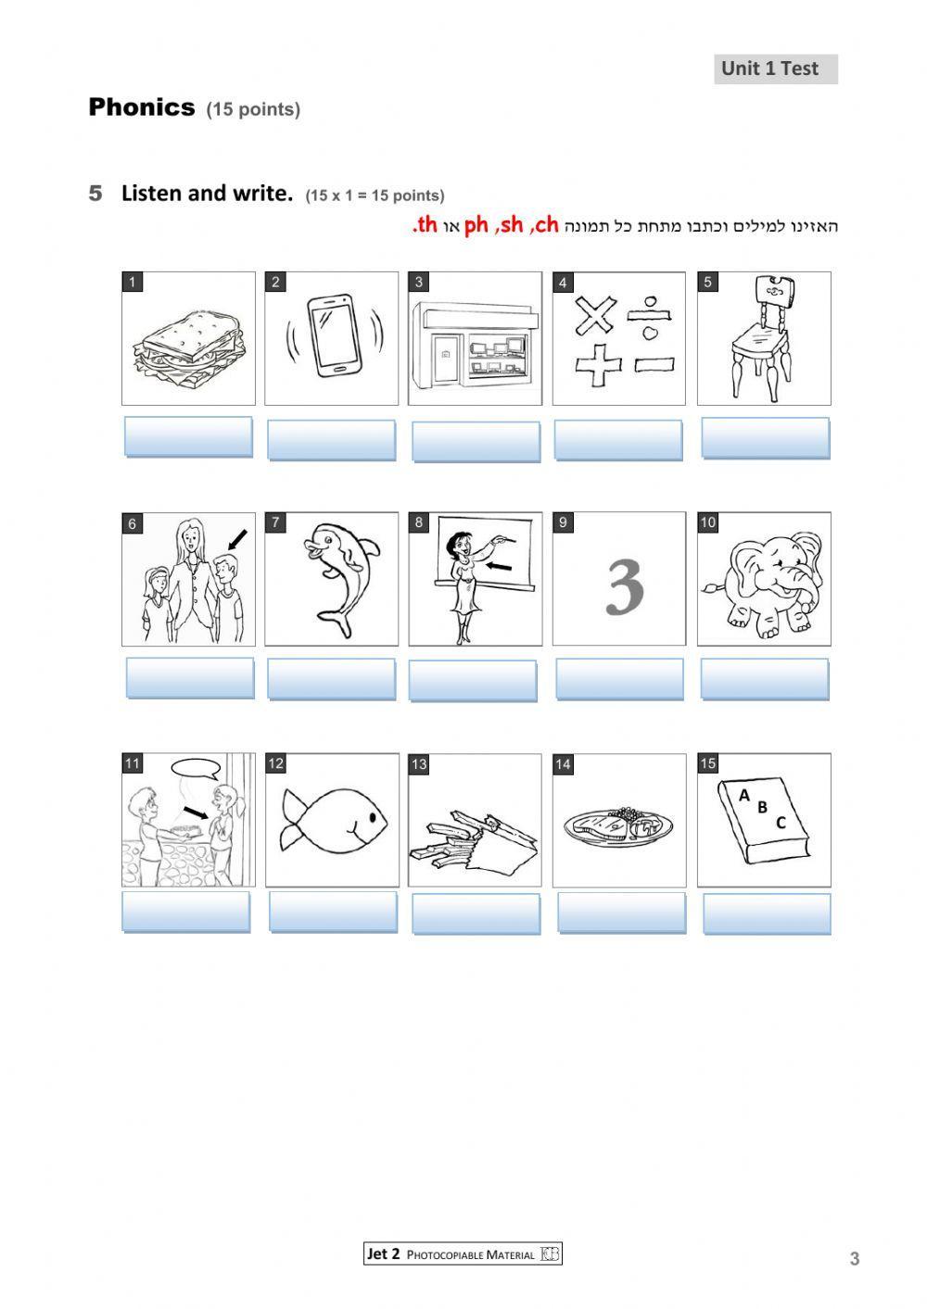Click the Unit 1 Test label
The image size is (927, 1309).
tap(775, 69)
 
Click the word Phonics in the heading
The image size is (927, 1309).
tap(142, 107)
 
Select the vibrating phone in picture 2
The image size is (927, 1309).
tap(333, 335)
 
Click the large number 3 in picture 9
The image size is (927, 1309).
tap(624, 585)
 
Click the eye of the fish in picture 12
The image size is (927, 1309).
tap(368, 816)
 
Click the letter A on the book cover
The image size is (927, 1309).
tap(743, 795)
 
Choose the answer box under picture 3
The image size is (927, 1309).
tap(476, 441)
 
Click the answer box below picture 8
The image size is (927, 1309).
tap(473, 680)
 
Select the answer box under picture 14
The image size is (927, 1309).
tap(621, 913)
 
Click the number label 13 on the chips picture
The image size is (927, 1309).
tap(419, 764)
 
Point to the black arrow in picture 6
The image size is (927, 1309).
tap(237, 538)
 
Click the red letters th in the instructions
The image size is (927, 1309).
tap(425, 225)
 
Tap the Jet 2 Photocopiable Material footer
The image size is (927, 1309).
tap(463, 1254)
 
